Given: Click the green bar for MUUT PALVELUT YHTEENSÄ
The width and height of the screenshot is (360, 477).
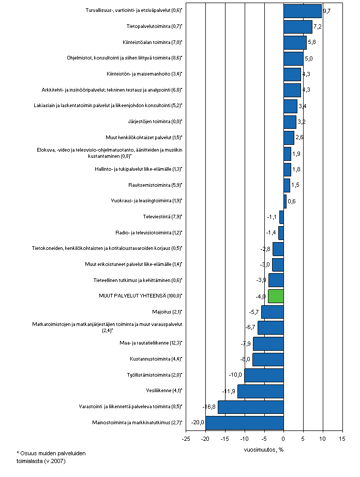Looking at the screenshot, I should (276, 296).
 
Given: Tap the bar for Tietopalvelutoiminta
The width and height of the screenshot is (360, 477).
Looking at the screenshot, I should (298, 26).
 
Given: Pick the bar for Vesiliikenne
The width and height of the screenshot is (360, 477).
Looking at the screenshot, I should (261, 391).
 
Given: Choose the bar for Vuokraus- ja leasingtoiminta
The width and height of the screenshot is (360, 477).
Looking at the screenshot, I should (285, 201).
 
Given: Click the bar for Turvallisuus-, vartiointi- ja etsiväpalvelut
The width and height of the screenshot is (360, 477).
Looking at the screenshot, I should (303, 11).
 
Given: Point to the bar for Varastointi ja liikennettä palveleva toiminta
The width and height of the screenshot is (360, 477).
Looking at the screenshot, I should (251, 407).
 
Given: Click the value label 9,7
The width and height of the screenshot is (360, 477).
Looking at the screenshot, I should (326, 10).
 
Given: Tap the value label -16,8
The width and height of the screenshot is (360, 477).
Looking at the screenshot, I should (210, 407).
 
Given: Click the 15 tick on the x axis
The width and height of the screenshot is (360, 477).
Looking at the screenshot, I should (342, 439).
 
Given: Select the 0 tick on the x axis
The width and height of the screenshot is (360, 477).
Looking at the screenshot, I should (283, 439).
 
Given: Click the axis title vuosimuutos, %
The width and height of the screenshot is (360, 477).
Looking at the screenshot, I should (264, 449).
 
